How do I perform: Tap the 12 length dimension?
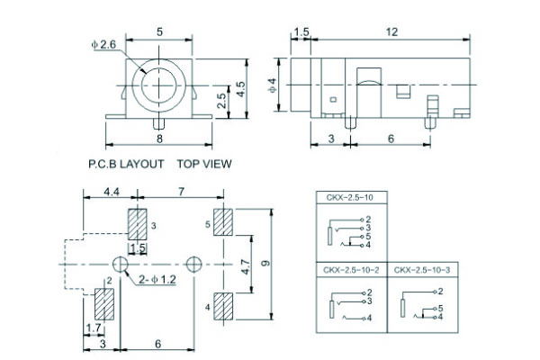point(392,31)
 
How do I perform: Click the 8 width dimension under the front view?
point(159,139)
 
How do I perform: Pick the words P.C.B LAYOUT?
point(126,164)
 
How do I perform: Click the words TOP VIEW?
point(204,164)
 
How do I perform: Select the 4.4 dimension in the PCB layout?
point(112,193)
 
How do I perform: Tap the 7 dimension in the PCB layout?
point(182,193)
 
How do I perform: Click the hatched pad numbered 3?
point(138,223)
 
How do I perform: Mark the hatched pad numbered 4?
point(224,306)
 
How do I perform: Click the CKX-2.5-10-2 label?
point(351,269)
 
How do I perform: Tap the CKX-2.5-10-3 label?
point(421,269)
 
